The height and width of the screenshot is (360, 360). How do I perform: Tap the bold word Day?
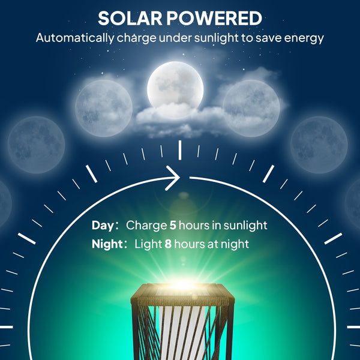pos(102,226)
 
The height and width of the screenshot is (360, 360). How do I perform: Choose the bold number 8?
pos(168,244)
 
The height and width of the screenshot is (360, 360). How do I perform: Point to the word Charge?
pos(146,226)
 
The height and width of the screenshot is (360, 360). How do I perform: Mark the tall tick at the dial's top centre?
pos(180,150)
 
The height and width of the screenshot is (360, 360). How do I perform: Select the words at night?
pos(229,244)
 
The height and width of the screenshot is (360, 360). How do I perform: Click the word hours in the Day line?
pos(193,226)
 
